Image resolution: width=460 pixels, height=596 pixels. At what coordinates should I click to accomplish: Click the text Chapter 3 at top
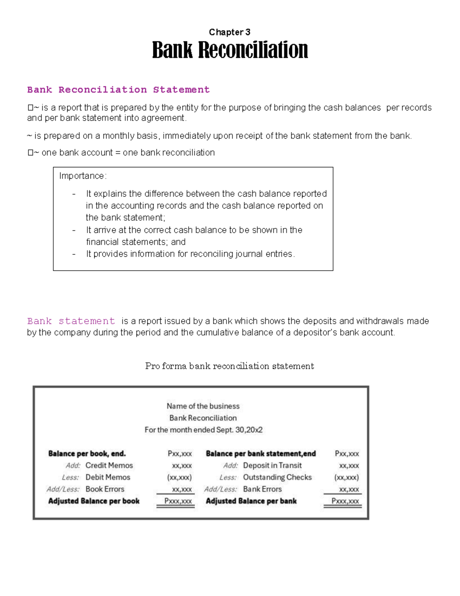229,32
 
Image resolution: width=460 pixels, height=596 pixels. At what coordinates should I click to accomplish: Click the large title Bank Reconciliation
230,50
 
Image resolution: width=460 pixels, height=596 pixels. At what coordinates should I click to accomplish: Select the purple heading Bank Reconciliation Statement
118,90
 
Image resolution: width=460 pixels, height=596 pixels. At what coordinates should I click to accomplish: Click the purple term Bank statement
71,321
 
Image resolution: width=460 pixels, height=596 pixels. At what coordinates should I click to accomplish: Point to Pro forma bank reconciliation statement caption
229,366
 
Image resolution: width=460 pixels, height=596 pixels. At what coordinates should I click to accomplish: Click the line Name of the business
203,406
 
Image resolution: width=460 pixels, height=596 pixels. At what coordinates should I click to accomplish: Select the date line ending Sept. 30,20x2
203,430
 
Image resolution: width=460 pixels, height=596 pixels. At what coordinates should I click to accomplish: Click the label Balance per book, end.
87,454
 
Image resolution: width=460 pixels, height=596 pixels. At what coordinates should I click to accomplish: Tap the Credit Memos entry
109,466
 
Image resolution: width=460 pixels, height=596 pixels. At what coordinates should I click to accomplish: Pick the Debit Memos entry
108,477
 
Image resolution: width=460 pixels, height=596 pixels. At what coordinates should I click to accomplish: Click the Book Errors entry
105,489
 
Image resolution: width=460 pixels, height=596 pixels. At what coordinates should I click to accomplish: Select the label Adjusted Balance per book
94,501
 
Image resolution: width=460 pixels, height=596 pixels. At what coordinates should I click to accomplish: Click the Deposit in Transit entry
272,466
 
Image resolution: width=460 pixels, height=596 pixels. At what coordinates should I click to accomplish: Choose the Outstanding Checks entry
277,477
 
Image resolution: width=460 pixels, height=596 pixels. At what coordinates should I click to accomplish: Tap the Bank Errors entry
262,489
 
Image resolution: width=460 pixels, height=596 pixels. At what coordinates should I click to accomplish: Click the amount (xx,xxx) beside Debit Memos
179,477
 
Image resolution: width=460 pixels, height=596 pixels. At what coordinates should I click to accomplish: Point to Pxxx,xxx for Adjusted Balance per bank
345,501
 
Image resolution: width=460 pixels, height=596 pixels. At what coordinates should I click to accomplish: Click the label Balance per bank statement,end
261,454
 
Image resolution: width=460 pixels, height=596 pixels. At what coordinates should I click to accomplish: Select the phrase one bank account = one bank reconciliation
128,153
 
